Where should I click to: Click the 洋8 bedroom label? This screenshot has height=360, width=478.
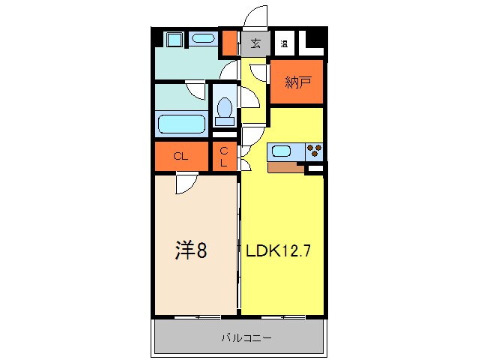click(191, 249)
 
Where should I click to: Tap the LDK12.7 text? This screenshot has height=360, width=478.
click(274, 250)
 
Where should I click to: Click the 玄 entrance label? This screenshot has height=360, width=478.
click(255, 43)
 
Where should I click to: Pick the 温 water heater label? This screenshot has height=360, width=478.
click(285, 43)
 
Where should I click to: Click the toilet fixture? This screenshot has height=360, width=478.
click(223, 111)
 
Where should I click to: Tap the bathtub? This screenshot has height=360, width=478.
click(181, 123)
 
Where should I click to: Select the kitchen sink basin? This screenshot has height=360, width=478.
click(282, 151)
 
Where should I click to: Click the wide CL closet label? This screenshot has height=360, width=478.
click(180, 157)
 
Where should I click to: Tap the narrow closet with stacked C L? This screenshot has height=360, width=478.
click(224, 156)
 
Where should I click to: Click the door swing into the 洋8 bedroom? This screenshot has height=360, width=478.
click(186, 182)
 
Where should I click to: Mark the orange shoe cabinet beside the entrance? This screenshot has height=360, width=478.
click(230, 44)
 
